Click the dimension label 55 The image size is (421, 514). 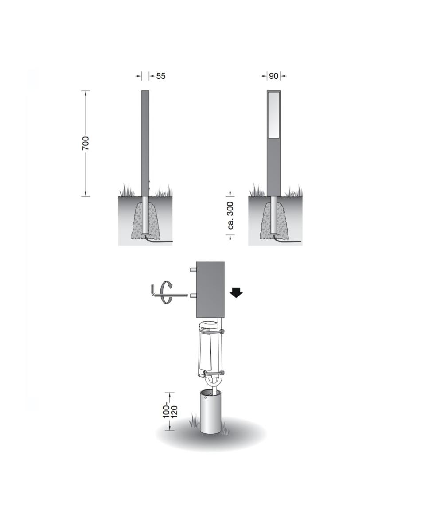pyautogui.click(x=161, y=76)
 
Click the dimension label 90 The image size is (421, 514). pyautogui.click(x=273, y=76)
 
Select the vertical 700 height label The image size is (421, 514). pyautogui.click(x=85, y=143)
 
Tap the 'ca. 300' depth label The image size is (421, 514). pyautogui.click(x=230, y=215)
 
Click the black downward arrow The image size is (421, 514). pyautogui.click(x=236, y=293)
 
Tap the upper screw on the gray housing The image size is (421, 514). pyautogui.click(x=193, y=270)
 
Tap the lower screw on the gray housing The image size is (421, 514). pyautogui.click(x=193, y=296)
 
